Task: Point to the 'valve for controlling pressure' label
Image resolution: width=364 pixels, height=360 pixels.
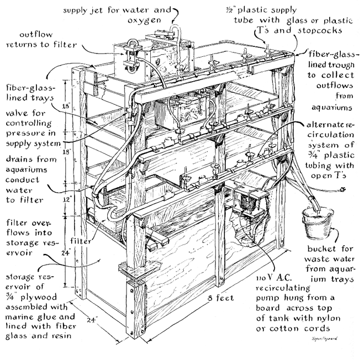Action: (x=29, y=129)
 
